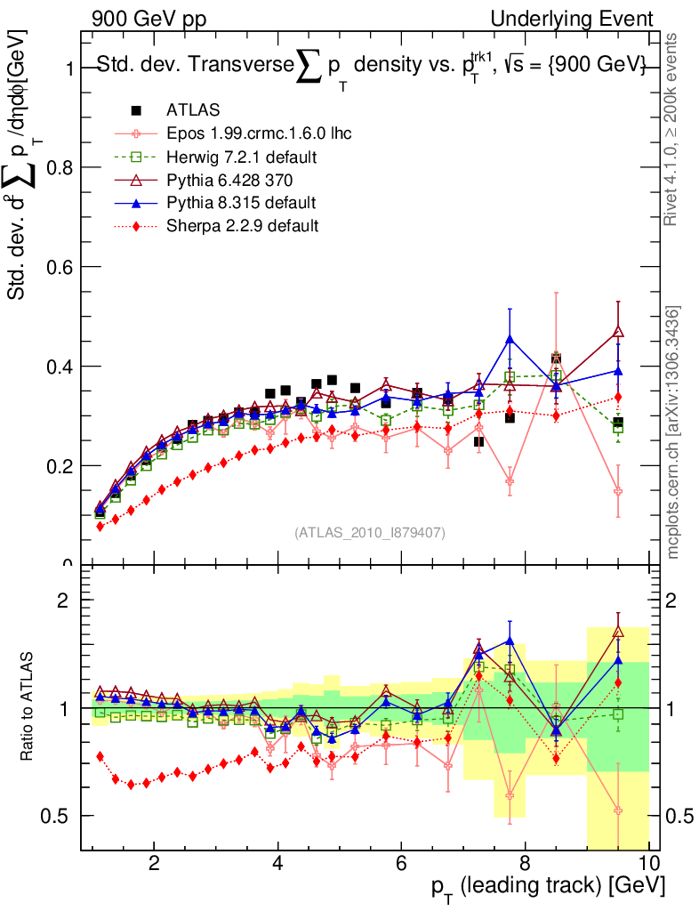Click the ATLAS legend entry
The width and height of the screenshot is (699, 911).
click(x=192, y=110)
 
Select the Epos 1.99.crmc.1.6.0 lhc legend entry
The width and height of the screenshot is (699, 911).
click(x=259, y=133)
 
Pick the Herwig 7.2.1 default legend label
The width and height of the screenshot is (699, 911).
click(x=242, y=157)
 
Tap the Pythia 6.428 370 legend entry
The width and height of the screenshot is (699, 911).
click(x=236, y=180)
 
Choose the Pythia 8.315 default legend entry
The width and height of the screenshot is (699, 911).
click(x=241, y=203)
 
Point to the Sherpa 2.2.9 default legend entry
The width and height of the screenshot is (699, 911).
click(x=242, y=226)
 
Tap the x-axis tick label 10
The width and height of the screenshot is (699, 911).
click(x=648, y=863)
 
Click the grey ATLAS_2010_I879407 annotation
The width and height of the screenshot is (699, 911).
click(x=369, y=532)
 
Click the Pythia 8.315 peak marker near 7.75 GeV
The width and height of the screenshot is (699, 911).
click(x=510, y=339)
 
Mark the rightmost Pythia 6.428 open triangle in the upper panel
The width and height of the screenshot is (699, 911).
click(x=618, y=331)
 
